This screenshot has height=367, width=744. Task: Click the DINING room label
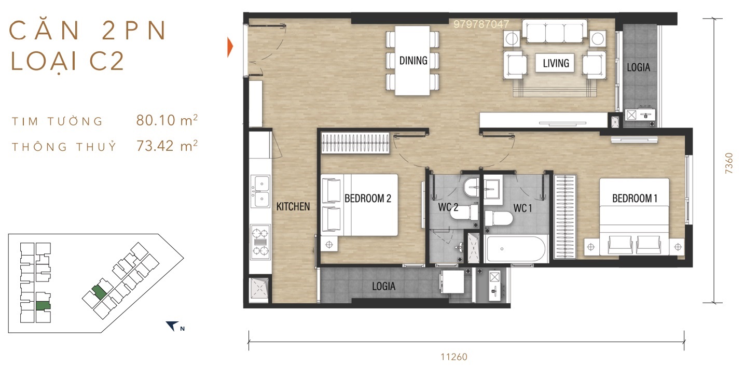coord(413,61)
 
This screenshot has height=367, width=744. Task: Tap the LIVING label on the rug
coord(556,63)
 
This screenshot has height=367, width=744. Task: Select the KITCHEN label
coord(293,206)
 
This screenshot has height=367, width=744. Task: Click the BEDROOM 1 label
coord(635,199)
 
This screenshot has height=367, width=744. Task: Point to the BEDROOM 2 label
coord(368,199)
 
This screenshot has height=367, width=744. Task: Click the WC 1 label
coord(522,208)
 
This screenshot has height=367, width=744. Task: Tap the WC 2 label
coord(448,207)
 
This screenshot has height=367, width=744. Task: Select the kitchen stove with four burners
coord(260,242)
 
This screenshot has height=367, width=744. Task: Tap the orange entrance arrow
coord(230,47)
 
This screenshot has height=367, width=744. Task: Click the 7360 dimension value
coord(729,163)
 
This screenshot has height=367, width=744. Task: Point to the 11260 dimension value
coord(453,357)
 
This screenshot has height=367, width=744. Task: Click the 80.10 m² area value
coord(167,120)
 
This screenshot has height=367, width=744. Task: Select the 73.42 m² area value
coord(167,145)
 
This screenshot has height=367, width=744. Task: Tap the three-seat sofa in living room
coord(554,32)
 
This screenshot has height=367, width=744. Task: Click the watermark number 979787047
coord(481,24)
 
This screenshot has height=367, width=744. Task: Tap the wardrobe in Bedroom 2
coord(355,143)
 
